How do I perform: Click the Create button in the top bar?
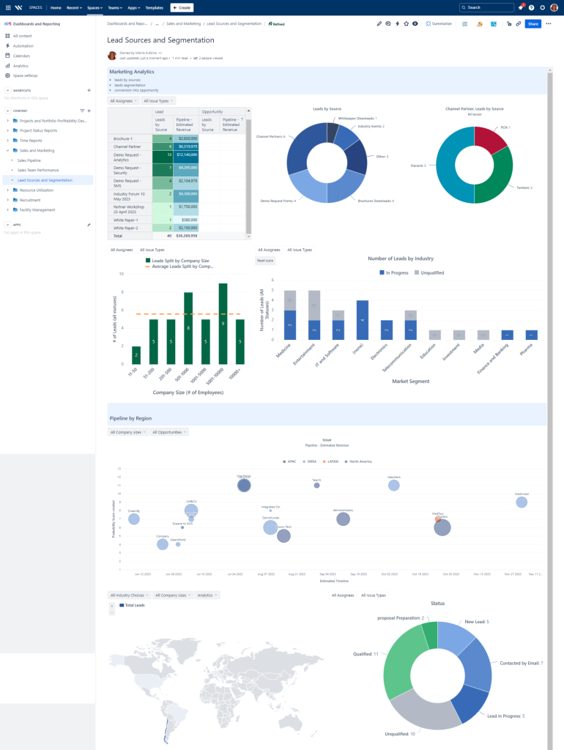(182, 7)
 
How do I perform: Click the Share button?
(533, 24)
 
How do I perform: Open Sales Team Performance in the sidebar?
(38, 169)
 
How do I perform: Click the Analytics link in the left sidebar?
(21, 66)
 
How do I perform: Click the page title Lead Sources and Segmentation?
(160, 40)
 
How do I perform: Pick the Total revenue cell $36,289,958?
(186, 236)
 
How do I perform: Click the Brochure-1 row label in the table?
(122, 138)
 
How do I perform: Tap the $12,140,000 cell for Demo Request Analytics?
(186, 155)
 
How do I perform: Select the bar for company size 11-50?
(136, 355)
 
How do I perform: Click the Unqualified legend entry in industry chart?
(430, 272)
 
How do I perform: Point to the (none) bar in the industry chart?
(362, 320)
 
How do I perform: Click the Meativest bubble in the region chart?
(522, 502)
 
